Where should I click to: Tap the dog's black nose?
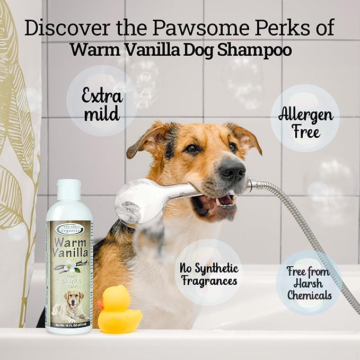click(233, 169)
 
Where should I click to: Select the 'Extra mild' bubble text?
click(102, 105)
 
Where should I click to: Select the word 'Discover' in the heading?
click(63, 28)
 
